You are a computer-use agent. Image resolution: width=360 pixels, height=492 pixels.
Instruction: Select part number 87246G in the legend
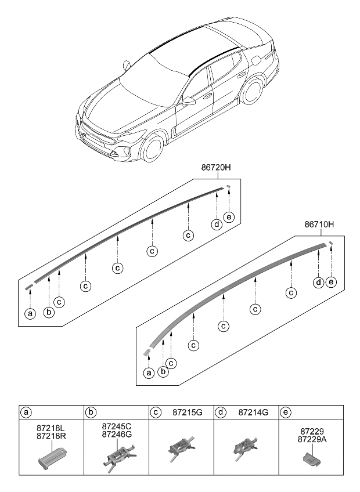tap(117, 434)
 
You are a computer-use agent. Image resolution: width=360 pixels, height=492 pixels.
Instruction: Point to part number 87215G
tap(188, 413)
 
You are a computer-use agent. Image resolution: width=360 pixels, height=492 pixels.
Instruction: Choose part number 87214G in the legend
tap(253, 413)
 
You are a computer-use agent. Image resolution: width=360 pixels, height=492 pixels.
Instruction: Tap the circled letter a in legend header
tap(27, 413)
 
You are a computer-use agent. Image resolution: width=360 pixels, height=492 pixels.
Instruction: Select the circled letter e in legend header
tap(286, 413)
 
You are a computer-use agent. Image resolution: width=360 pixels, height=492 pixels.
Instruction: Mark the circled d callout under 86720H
tap(216, 225)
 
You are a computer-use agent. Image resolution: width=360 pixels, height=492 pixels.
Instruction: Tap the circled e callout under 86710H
tap(331, 282)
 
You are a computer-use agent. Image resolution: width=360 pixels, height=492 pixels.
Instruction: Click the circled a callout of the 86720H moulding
tap(30, 314)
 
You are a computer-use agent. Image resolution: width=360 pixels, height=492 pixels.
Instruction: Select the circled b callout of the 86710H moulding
tap(163, 371)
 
